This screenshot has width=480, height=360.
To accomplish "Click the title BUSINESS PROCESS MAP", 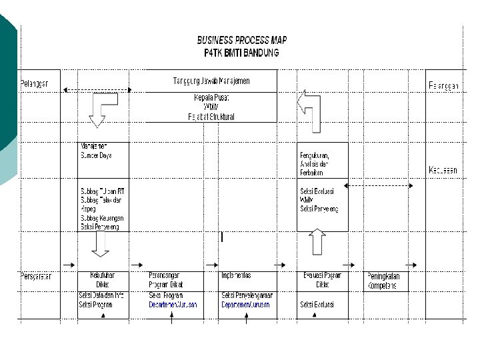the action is pos(241,40).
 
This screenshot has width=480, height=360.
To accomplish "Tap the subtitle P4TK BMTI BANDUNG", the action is pos(241,52).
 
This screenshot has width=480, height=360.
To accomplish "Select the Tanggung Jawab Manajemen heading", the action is pos(211,81).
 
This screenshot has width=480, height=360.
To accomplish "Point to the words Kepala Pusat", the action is pos(211,97).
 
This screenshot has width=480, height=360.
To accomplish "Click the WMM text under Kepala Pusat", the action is pos(211,107).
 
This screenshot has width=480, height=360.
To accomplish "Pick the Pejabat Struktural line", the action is pos(211,117).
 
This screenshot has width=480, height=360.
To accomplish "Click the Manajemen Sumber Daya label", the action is pos(97,151).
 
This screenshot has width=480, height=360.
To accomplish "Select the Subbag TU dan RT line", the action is pos(102,191).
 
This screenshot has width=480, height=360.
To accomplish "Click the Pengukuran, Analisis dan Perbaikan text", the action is pos(315,163).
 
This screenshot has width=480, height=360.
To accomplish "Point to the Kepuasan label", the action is pos(443,170).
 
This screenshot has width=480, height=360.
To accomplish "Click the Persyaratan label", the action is pos(37,276).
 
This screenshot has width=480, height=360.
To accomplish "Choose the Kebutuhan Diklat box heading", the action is pos(103,279).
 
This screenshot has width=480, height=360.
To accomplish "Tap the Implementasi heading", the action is pos(236,275).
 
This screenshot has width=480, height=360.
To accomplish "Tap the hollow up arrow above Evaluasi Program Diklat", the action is pos(317,242).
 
